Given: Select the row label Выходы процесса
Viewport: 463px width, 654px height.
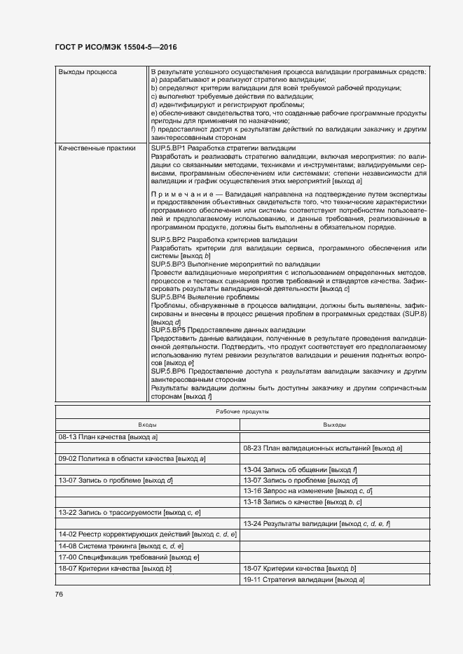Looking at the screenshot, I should (x=88, y=72).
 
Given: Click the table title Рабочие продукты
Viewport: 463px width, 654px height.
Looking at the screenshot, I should (x=242, y=412).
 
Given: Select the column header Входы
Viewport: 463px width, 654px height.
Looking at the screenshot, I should (x=147, y=425).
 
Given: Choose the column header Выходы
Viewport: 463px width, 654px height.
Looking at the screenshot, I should (x=335, y=425).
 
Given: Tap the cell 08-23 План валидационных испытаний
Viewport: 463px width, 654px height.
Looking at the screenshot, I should (x=322, y=448).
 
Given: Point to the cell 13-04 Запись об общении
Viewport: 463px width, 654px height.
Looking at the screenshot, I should (x=300, y=469).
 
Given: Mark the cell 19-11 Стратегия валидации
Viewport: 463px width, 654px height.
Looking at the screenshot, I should (x=303, y=579).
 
